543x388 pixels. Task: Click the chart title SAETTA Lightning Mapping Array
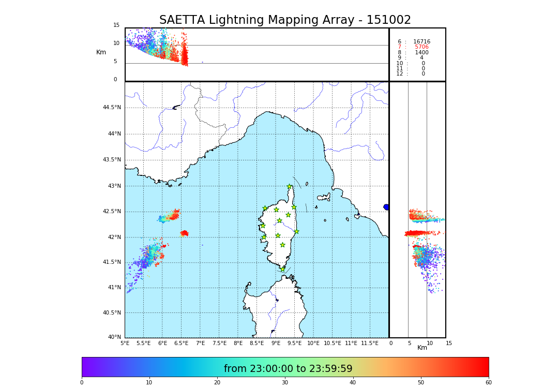click(285, 20)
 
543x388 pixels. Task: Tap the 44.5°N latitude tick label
click(112, 108)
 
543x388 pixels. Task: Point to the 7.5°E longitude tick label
click(219, 343)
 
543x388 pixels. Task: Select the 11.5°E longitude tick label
click(370, 343)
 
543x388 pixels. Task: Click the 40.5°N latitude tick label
click(112, 312)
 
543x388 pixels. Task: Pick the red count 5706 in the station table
click(421, 47)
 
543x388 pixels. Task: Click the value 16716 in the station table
click(421, 42)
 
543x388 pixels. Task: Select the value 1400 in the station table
click(421, 53)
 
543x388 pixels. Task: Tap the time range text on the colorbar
click(288, 369)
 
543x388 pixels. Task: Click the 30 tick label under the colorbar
click(285, 382)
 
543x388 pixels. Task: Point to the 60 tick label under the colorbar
click(488, 382)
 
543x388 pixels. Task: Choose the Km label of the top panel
click(101, 52)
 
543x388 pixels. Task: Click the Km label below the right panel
click(423, 348)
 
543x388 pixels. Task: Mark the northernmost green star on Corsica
click(290, 187)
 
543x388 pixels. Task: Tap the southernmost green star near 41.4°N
click(282, 269)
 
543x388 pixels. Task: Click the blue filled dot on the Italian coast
click(386, 207)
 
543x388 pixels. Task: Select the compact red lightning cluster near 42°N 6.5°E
click(184, 233)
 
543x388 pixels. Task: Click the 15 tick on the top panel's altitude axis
click(116, 25)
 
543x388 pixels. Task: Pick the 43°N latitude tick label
click(114, 186)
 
